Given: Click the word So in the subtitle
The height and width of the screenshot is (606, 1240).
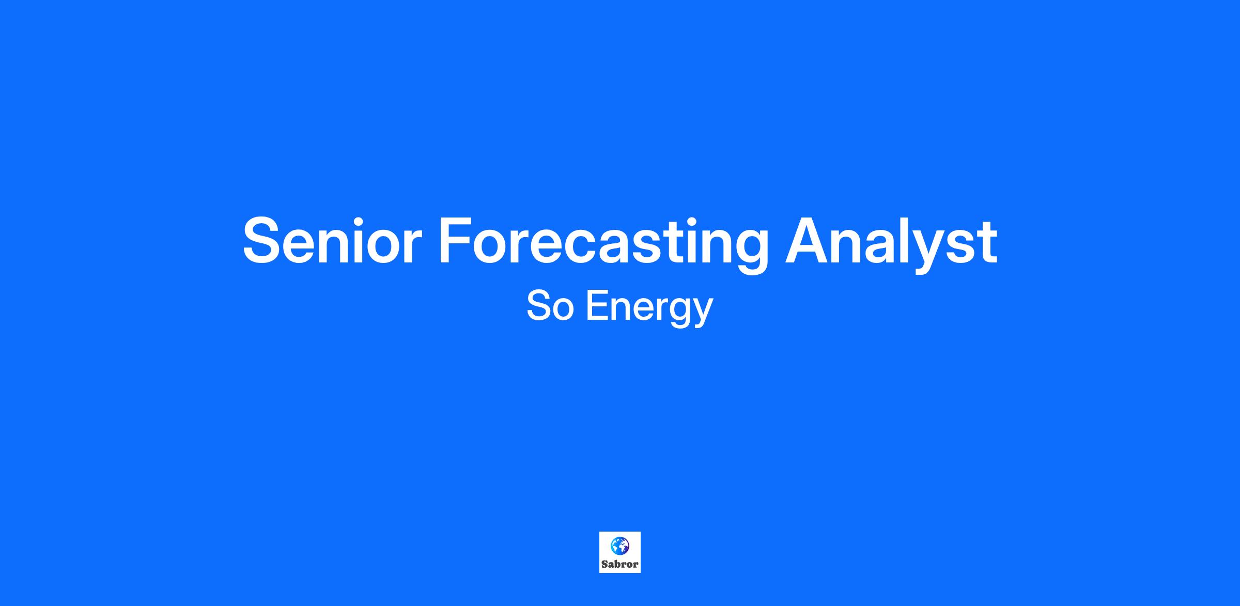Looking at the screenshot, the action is [550, 306].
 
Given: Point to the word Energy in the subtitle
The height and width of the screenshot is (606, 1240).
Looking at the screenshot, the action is [649, 308].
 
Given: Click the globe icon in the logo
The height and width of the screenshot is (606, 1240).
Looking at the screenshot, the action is [619, 546].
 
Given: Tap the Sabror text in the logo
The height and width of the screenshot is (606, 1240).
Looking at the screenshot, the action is [620, 564].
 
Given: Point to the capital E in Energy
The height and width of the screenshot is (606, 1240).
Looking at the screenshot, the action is [598, 306].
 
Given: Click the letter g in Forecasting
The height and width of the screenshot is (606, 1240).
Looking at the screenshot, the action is [749, 252].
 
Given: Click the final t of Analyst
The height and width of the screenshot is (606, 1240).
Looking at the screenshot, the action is [988, 243].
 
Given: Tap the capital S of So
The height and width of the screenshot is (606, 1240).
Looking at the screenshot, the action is [538, 306].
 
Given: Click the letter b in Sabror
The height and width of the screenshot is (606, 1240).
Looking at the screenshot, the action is [616, 564].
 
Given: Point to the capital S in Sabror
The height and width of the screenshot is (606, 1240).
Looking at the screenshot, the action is [604, 564].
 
